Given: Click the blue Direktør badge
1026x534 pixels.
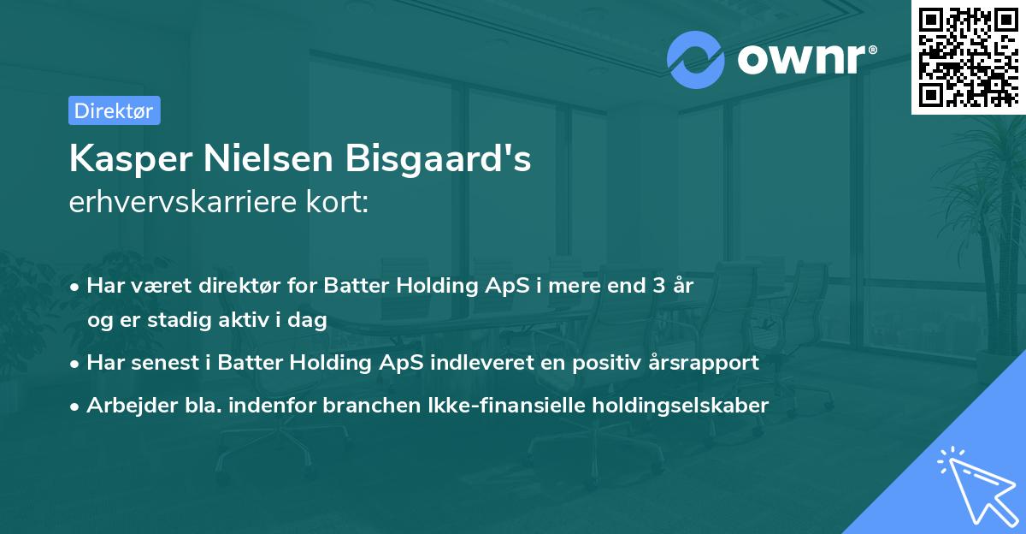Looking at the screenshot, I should coord(114,110).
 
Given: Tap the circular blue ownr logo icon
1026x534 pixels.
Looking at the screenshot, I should coord(696,59).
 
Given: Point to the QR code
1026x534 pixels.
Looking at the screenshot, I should coord(967,56).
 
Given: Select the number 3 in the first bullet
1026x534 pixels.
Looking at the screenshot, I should coord(658,286).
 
